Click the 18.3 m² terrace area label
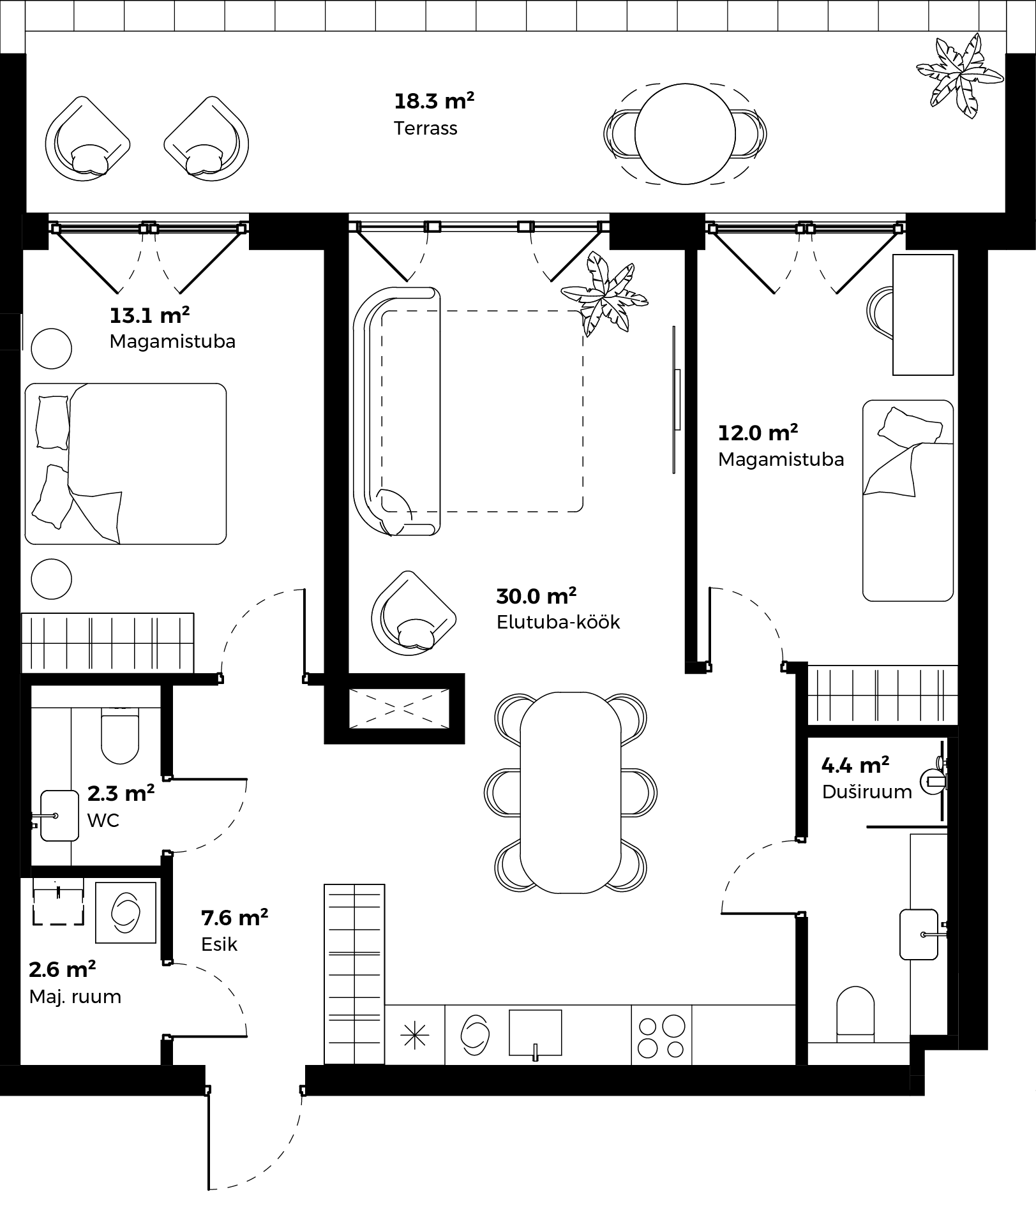click(x=434, y=101)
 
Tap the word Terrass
click(x=426, y=128)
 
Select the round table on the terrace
click(x=685, y=134)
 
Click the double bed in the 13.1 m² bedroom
click(x=126, y=464)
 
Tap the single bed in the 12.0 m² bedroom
click(x=908, y=501)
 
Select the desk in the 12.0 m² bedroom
click(x=923, y=315)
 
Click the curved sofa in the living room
click(x=397, y=412)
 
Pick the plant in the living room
click(x=604, y=294)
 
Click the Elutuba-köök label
click(x=559, y=622)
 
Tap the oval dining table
click(x=571, y=793)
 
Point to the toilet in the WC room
click(x=120, y=738)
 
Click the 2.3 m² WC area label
click(x=121, y=793)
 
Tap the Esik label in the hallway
click(x=219, y=944)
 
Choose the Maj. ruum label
click(x=75, y=997)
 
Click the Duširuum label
click(x=867, y=792)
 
